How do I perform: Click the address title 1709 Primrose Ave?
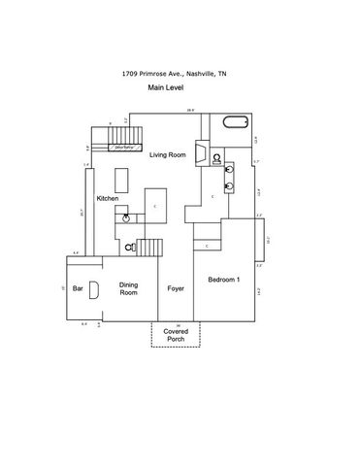point(180,73)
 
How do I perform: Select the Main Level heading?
point(167,86)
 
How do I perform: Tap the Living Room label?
point(167,154)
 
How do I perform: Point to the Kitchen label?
point(107,198)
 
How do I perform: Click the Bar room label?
point(78,287)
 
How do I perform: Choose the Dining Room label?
point(129,288)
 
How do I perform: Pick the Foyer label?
point(176,288)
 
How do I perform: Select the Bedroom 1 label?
point(223,281)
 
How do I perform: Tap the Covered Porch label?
point(176,334)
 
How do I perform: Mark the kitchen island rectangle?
point(121,180)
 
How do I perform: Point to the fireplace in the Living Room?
point(198,156)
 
